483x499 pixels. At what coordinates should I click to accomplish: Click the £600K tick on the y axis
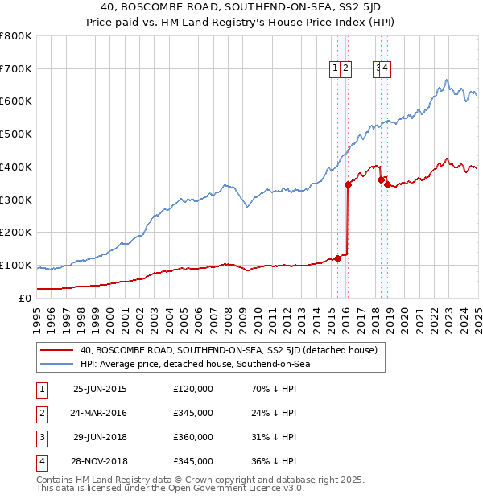pos(16,101)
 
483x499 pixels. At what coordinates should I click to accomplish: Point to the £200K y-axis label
pos(16,233)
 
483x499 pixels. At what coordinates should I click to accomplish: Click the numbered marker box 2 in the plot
pos(345,69)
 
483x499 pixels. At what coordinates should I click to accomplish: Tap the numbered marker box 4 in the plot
pos(386,69)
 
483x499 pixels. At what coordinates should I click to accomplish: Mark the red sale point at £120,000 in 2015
pos(338,258)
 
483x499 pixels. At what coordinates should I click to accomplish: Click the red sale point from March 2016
pos(349,184)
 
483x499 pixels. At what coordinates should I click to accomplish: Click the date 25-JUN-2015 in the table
pos(100,389)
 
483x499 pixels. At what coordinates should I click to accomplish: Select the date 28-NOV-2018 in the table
pos(100,461)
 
